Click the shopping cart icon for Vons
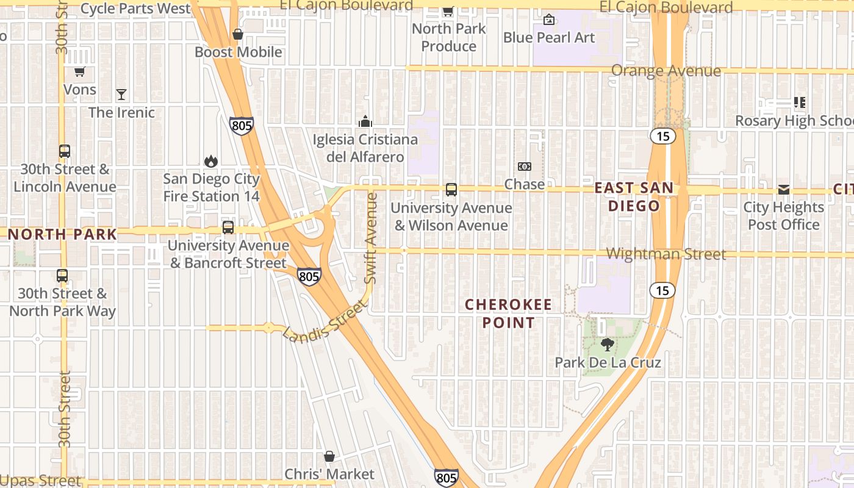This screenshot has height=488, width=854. coord(79,71)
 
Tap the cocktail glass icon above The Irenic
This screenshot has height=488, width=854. coord(121,94)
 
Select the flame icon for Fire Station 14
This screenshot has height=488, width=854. coord(211,161)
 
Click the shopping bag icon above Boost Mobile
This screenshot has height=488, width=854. coord(238,34)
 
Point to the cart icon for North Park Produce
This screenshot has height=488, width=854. coord(448,11)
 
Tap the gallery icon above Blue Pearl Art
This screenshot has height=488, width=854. coord(549,20)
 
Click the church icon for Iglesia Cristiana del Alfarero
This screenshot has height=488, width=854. coord(365,121)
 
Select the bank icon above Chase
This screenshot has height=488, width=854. coord(524,167)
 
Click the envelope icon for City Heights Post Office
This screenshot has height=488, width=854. coord(784,190)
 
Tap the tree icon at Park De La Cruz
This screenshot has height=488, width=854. coord(607,345)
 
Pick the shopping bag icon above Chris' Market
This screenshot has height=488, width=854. coord(329,456)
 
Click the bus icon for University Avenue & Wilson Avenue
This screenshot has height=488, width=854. coord(451,190)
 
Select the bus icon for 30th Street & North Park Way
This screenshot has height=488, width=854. coord(62,276)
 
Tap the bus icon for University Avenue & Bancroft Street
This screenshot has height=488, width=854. coord(228,228)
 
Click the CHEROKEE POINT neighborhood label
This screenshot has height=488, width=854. coord(508,314)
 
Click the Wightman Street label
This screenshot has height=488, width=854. coord(666,254)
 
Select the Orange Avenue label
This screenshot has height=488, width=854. coord(666,71)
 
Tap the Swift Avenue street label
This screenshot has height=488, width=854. coord(371,238)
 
